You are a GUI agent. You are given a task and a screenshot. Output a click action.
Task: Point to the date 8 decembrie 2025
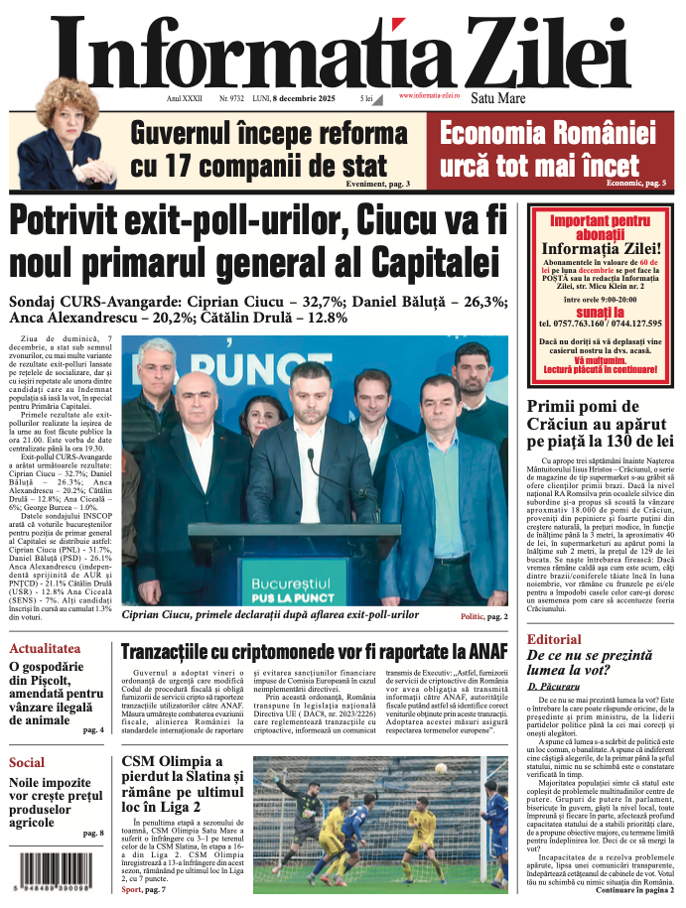pyautogui.click(x=307, y=99)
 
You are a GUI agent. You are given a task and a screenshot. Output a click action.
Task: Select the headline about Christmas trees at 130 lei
pyautogui.click(x=600, y=421)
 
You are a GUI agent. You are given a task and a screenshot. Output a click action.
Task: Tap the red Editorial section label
pyautogui.click(x=561, y=639)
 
